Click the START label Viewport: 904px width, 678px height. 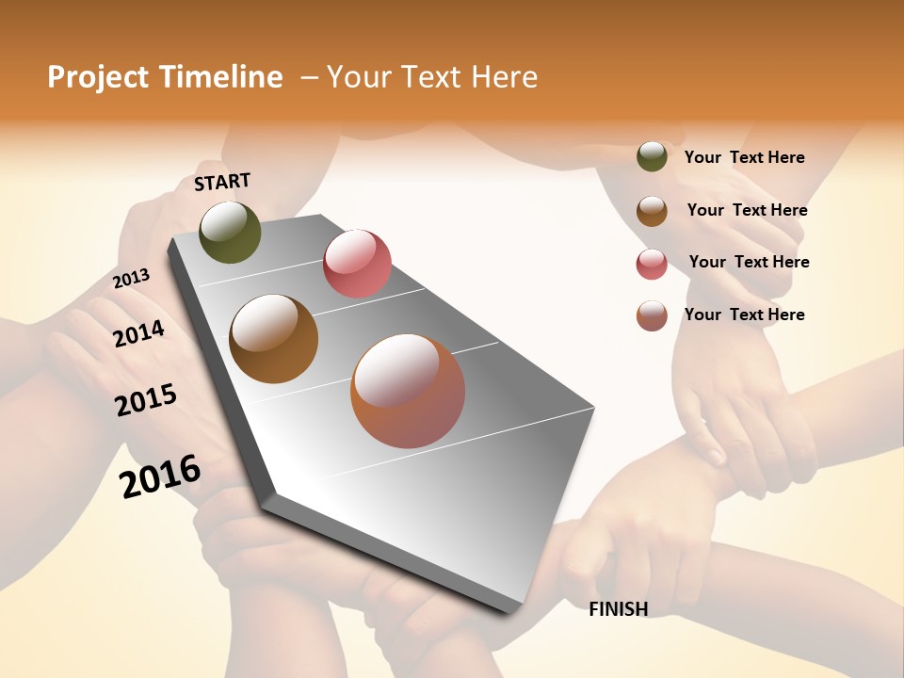[x=222, y=181]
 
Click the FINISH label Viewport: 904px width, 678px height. [x=618, y=609]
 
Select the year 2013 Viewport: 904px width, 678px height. [x=131, y=278]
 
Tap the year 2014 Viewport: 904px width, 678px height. [x=138, y=333]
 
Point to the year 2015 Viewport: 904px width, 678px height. [x=146, y=400]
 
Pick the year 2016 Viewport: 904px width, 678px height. [x=160, y=476]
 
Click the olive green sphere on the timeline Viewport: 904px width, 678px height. [x=230, y=232]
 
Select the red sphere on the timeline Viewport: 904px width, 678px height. [x=357, y=263]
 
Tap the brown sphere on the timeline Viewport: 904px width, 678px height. [x=273, y=338]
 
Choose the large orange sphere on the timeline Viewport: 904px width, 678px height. [x=408, y=390]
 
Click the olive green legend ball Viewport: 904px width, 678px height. [x=652, y=156]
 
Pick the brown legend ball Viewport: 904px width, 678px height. [x=652, y=211]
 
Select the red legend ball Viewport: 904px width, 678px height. [x=652, y=264]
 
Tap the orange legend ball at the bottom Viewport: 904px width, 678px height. [x=652, y=315]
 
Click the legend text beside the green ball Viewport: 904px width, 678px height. [x=744, y=157]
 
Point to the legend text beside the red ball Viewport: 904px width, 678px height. [x=749, y=262]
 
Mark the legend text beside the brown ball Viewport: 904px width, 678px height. [x=747, y=210]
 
